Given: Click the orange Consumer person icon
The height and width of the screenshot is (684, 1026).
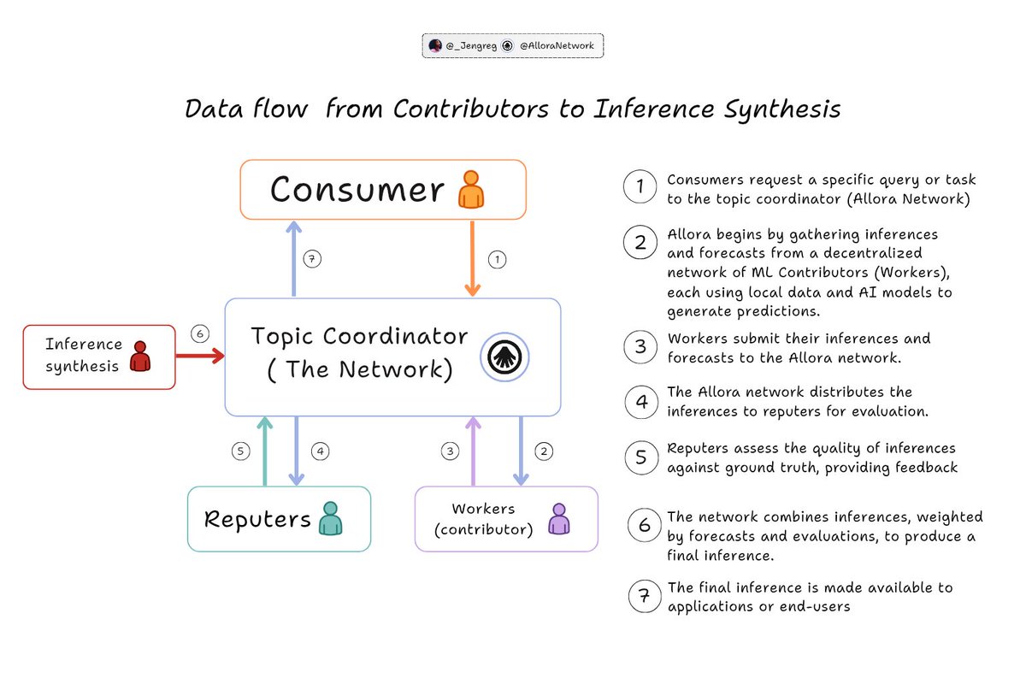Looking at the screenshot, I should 470,189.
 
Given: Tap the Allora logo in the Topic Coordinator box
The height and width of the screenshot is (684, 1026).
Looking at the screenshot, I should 504,357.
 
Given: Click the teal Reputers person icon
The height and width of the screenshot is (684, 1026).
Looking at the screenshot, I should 330,518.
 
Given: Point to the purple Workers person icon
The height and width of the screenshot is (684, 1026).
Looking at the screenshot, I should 558,519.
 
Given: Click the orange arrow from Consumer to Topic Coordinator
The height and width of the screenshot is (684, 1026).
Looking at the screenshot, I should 471,257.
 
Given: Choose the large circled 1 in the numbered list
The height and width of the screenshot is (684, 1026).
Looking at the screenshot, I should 639,187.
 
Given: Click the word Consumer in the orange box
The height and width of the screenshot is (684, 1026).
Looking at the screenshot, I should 357,191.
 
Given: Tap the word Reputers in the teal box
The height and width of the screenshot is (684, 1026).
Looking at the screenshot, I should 256,519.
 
